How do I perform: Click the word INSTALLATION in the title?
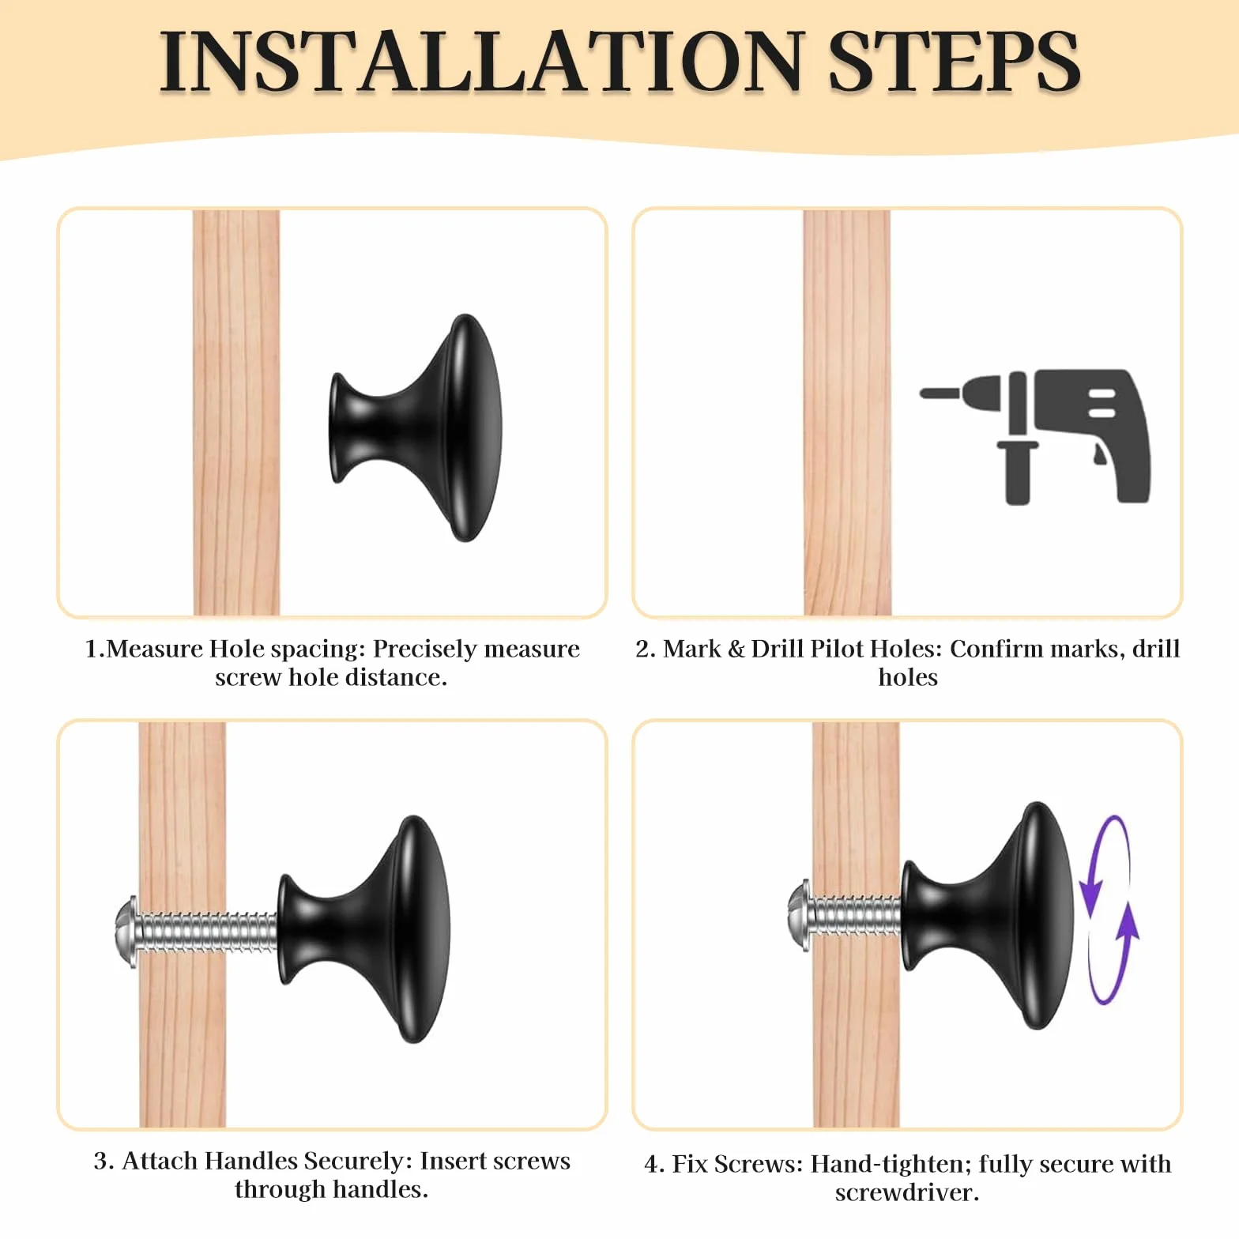480,62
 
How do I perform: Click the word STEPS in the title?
954,62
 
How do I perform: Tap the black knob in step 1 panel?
416,427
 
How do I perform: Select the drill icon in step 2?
1035,436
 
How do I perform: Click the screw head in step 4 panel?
800,910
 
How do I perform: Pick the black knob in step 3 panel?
363,929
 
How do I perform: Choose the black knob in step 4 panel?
988,916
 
